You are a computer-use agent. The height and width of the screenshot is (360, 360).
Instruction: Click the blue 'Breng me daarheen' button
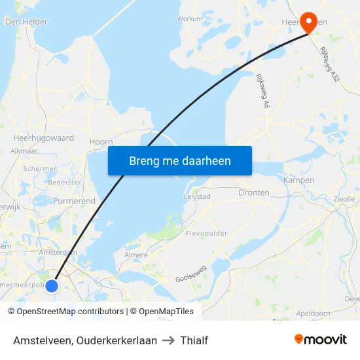[x=180, y=160]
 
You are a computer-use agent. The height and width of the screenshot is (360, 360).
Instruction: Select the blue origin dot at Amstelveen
[x=52, y=285]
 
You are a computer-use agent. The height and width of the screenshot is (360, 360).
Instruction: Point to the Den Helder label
[x=26, y=22]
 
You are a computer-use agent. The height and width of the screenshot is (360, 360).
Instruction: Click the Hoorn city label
[x=101, y=141]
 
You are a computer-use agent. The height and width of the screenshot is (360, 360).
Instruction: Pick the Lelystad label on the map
[x=197, y=196]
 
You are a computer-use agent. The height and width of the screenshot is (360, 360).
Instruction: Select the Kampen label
[x=299, y=179]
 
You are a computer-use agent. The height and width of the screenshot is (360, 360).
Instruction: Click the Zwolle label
[x=344, y=198]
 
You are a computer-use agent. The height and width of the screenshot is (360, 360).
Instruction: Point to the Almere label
[x=136, y=255]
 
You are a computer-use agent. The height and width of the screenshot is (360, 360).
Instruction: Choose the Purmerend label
[x=74, y=201]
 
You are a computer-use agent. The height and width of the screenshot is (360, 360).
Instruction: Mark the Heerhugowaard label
[x=44, y=138]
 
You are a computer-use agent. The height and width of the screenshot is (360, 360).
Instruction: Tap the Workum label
[x=190, y=19]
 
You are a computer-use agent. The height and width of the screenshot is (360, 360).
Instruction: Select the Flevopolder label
[x=206, y=233]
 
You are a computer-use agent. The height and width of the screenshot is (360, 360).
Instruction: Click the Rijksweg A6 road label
[x=262, y=91]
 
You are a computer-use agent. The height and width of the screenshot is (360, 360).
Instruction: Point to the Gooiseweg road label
[x=191, y=274]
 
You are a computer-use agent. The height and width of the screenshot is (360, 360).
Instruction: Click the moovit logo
[x=321, y=340]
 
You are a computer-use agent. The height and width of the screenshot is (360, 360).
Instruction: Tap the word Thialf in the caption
[x=194, y=340]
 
